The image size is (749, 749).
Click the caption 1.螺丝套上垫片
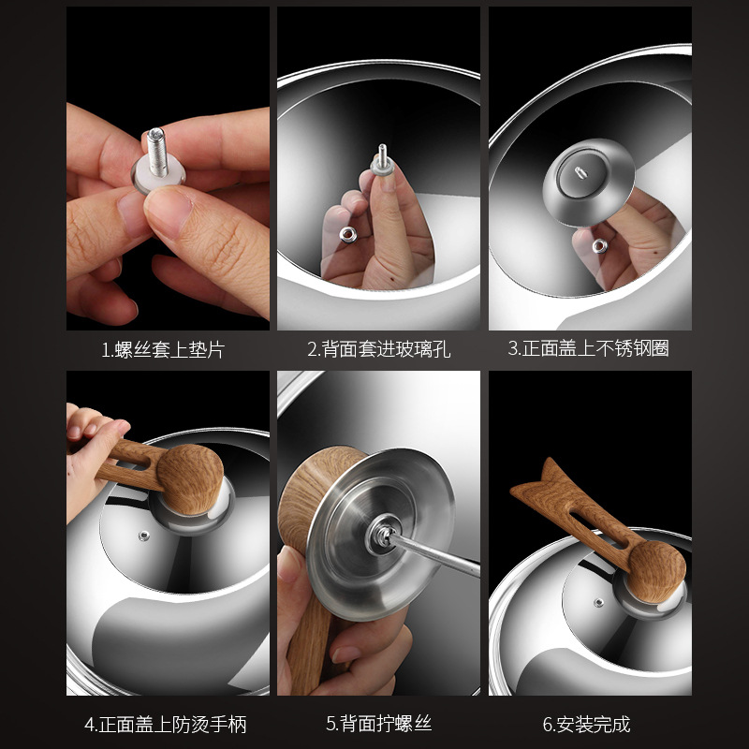(x=163, y=349)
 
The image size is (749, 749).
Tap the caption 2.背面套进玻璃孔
(x=379, y=349)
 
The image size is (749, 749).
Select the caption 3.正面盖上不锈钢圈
(x=589, y=348)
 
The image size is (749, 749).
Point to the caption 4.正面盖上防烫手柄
(x=166, y=725)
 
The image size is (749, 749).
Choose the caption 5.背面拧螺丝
(x=379, y=724)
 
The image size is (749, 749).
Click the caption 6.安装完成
(x=587, y=724)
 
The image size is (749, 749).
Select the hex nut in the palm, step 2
(x=347, y=235)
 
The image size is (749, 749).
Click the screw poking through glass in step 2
(x=382, y=155)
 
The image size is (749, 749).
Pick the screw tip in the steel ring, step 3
(x=580, y=173)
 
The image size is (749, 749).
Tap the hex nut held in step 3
(x=599, y=246)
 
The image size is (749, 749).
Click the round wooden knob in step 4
(x=190, y=479)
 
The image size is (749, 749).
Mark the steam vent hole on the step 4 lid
(x=143, y=536)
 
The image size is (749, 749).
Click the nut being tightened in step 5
(x=382, y=534)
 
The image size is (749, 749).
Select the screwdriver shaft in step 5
(x=435, y=553)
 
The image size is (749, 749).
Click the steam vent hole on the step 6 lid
(x=598, y=602)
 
